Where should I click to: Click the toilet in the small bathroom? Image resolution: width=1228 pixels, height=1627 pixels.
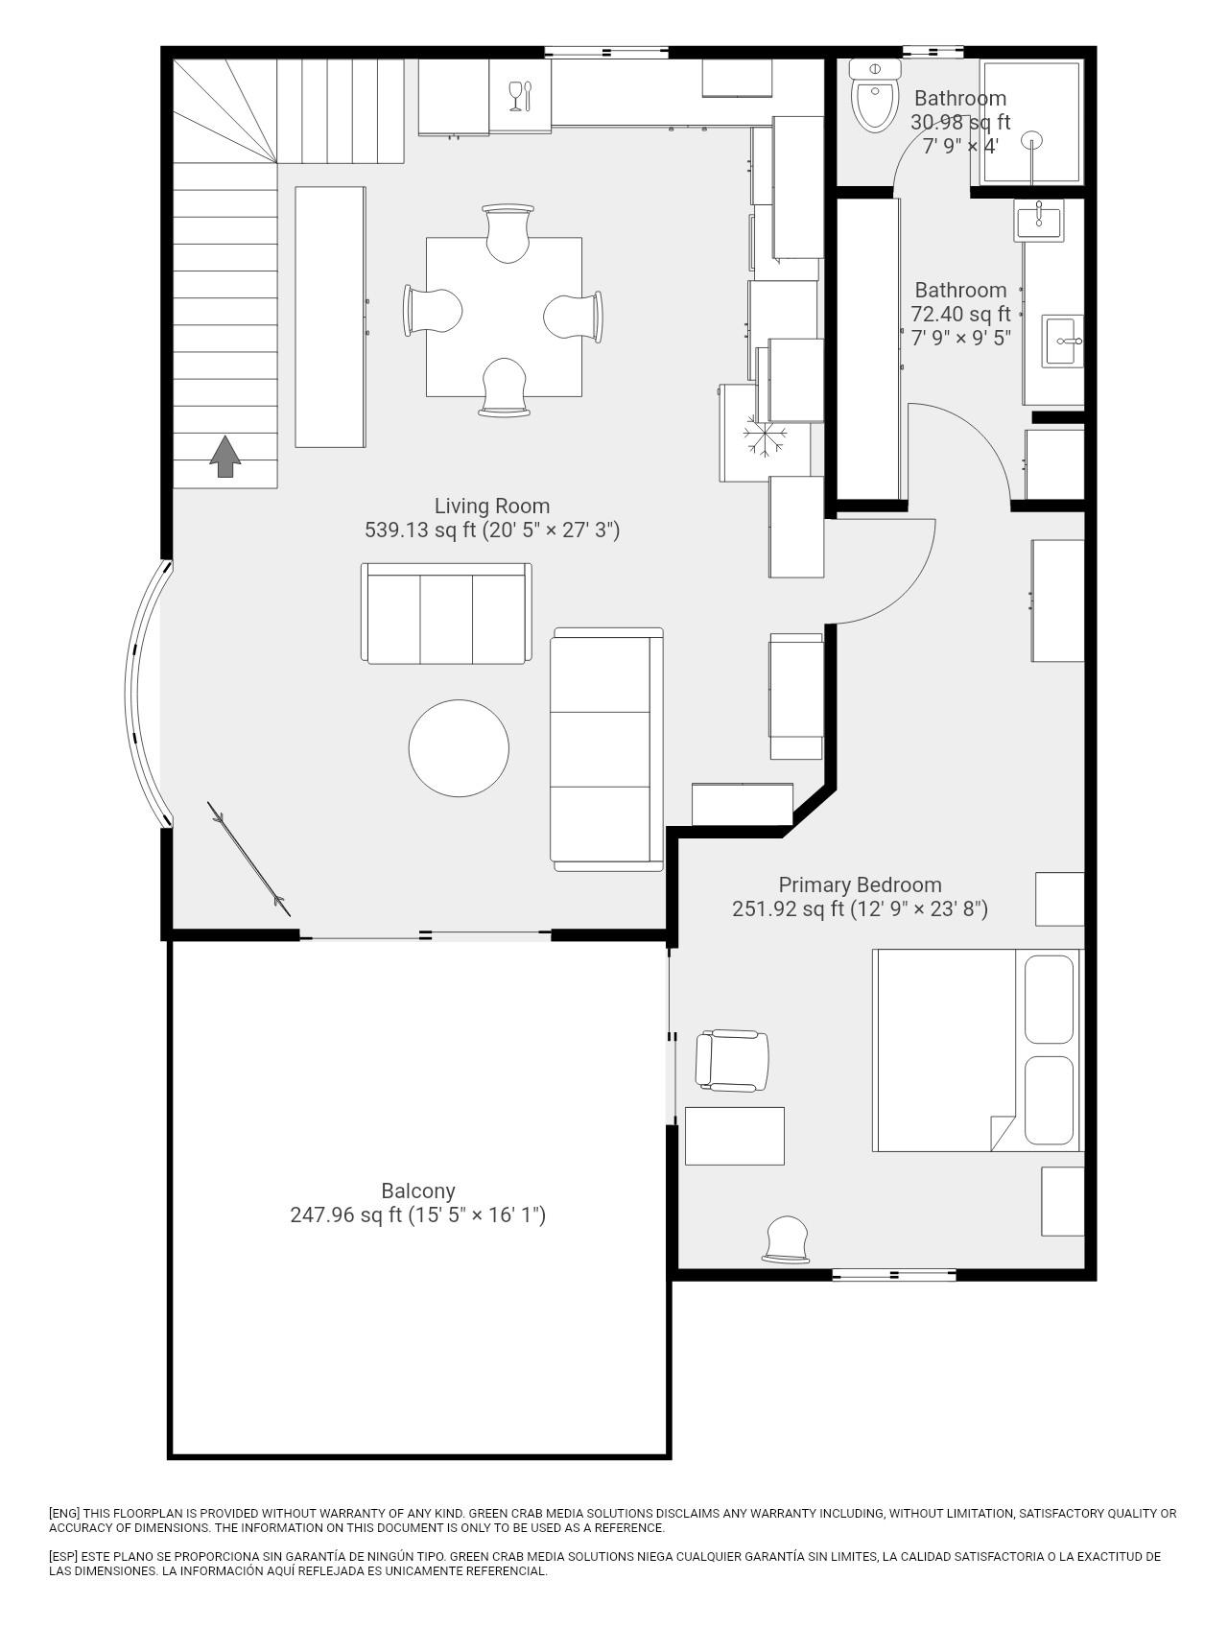875,95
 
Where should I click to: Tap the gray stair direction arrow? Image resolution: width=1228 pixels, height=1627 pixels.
225,456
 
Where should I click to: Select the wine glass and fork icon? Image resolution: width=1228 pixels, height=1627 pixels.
519,96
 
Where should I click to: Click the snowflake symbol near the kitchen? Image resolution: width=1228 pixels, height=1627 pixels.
765,437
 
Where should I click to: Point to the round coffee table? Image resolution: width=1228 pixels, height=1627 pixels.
459,748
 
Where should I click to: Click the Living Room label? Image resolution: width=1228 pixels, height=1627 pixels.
492,506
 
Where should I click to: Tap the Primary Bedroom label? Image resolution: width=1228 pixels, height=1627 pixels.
860,884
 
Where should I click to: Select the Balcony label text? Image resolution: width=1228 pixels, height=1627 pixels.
418,1191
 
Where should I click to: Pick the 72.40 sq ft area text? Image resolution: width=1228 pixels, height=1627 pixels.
960,314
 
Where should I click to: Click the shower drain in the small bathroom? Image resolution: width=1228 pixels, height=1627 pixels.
1032,140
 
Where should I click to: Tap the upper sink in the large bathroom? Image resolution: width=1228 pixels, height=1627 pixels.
1039,220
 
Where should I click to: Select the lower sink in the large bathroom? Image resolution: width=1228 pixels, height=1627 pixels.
1063,341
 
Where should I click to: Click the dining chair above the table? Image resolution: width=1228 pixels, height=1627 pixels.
508,232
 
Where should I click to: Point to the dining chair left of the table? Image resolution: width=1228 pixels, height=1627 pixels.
434,311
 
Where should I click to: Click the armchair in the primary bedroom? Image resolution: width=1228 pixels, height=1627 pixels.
732,1061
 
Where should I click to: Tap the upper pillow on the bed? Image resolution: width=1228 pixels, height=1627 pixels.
1049,999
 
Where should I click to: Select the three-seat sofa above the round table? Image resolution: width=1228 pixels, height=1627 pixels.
446,613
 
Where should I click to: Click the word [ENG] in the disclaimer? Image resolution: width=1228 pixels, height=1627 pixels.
65,1514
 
